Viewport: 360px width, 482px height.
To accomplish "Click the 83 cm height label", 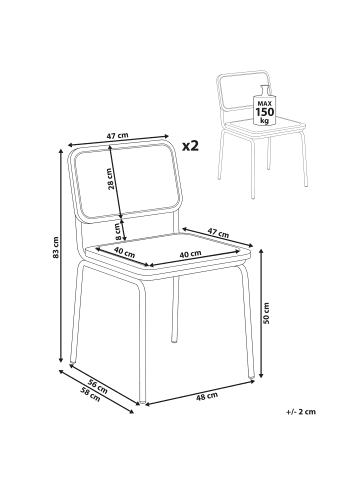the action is (x=56, y=247).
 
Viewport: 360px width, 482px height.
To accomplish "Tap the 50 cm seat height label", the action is (x=266, y=313).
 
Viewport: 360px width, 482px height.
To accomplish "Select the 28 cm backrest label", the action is (x=112, y=179).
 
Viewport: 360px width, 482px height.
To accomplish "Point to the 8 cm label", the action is (x=117, y=232).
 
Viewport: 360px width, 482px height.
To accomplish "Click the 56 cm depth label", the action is (x=98, y=386).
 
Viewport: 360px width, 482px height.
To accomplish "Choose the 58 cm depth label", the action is (x=90, y=394).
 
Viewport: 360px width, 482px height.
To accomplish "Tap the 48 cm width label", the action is (x=207, y=396).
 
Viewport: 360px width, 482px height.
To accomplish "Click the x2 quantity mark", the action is (x=190, y=145).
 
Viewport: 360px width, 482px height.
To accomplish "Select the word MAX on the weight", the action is (x=265, y=102).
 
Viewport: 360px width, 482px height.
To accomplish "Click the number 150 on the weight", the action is (x=265, y=111).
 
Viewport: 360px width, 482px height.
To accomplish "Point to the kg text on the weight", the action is (x=265, y=121).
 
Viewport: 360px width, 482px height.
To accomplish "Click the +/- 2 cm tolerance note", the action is (x=300, y=412).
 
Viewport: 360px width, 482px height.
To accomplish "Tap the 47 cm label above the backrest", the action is (x=117, y=136).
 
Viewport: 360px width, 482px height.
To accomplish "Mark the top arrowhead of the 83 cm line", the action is (x=61, y=151).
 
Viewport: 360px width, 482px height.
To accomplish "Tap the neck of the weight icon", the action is (x=264, y=90).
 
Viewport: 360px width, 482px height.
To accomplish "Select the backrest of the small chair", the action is (x=243, y=90).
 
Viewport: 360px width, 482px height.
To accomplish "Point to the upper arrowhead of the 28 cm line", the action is (x=109, y=149).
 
